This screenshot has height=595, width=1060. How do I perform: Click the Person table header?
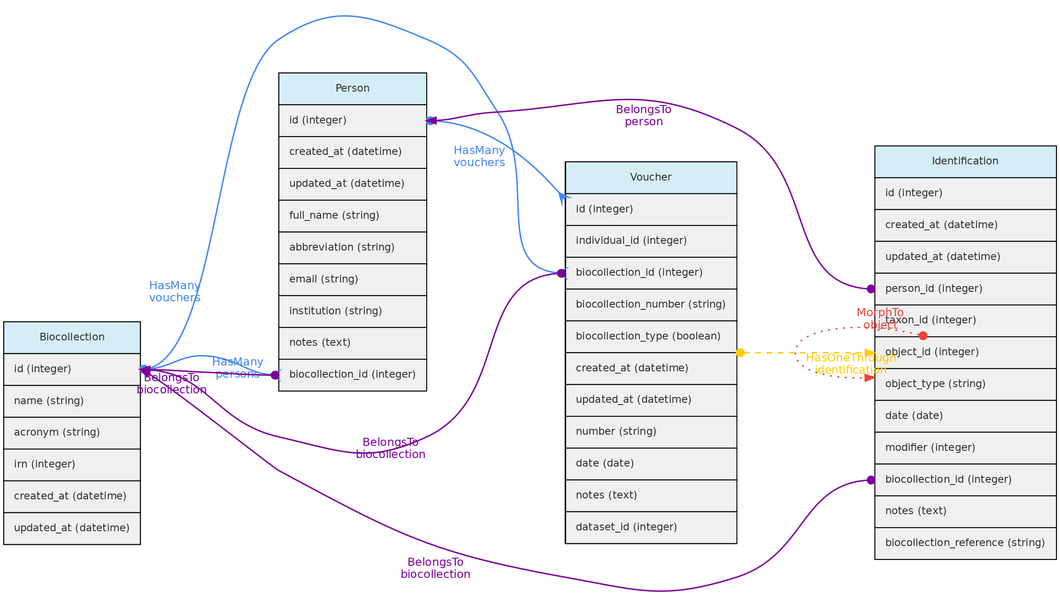[x=352, y=88]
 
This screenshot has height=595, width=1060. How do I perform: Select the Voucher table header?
[x=650, y=177]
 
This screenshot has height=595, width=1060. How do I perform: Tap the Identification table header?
[x=965, y=161]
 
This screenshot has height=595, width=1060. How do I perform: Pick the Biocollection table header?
[x=72, y=337]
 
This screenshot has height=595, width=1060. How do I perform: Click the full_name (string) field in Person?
[x=352, y=216]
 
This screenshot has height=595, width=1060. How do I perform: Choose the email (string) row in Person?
[x=352, y=279]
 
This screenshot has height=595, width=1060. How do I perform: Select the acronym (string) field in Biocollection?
[x=72, y=432]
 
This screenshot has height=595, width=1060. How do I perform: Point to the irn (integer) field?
[x=72, y=464]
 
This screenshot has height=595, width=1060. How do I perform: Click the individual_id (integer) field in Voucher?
[x=650, y=241]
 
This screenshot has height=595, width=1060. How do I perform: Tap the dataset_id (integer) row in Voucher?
[x=650, y=527]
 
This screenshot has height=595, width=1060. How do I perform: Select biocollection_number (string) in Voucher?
[x=650, y=304]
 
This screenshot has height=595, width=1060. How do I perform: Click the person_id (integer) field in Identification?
[x=965, y=289]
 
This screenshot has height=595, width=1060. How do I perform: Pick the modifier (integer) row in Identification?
[x=965, y=448]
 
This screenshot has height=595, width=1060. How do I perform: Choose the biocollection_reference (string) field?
[x=965, y=543]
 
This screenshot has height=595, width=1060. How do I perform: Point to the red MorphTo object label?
[x=880, y=318]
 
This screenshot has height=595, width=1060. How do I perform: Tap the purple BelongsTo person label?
[x=644, y=115]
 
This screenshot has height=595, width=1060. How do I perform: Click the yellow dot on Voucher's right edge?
[x=740, y=353]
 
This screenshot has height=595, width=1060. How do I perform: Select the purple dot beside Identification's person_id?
[x=871, y=289]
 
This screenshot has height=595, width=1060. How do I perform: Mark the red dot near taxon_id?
[x=923, y=335]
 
